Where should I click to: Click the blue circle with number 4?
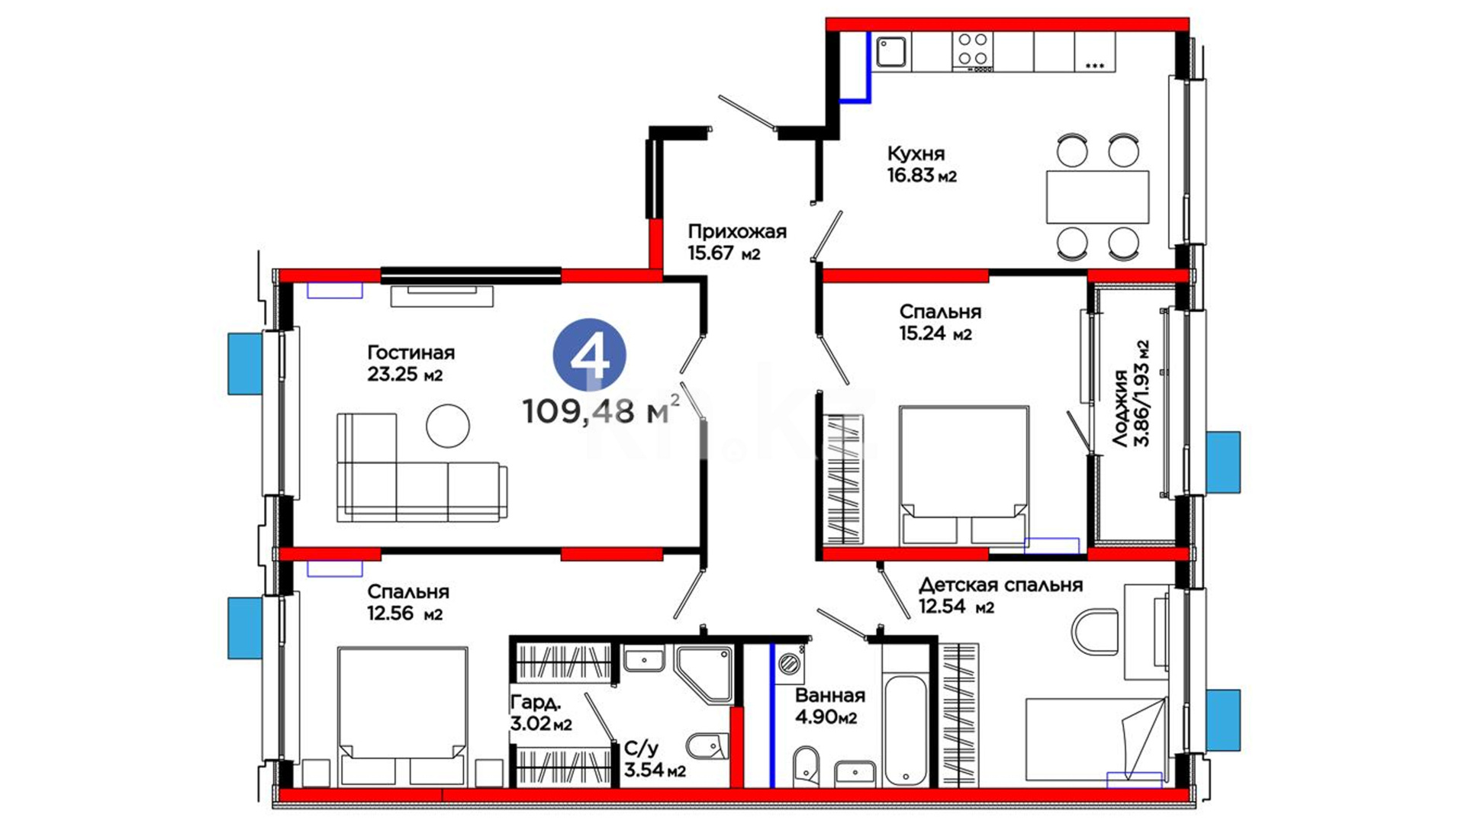pos(589,355)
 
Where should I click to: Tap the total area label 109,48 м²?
pos(600,410)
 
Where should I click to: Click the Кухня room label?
pos(916,153)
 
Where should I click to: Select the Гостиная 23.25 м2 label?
pos(411,363)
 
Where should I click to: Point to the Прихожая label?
pos(737,231)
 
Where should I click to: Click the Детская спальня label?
pos(1000,585)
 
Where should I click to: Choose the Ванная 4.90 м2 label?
pos(829,706)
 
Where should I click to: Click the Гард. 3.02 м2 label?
pos(541,713)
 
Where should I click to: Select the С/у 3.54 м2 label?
pos(655,759)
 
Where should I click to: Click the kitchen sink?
pos(891,52)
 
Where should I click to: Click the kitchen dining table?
pos(1097,197)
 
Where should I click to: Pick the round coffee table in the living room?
pos(448,425)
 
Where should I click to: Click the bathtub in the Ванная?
pos(905,729)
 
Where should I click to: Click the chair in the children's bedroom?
pos(1095,632)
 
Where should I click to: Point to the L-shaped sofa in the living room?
pos(421,468)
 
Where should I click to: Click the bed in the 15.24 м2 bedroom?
pos(964,475)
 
